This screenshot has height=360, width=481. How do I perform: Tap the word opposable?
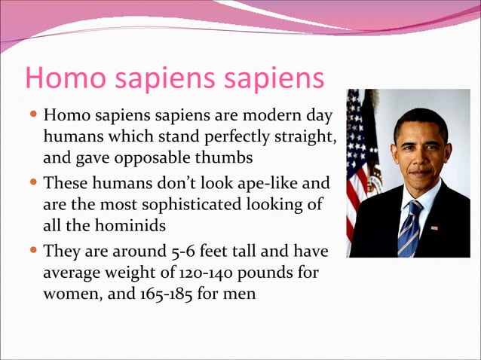152,159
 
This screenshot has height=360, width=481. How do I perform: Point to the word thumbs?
223,159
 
